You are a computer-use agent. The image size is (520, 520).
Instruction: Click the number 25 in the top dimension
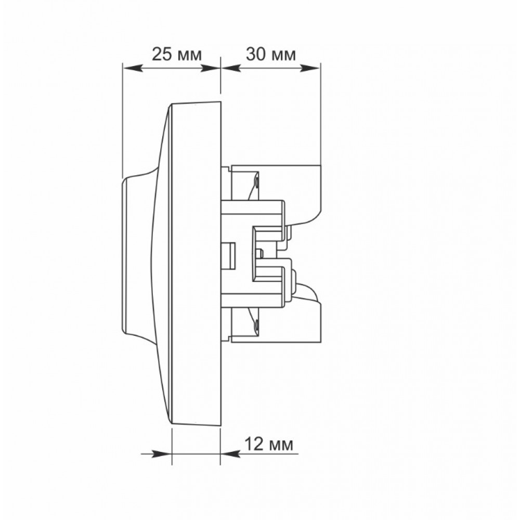click(x=162, y=55)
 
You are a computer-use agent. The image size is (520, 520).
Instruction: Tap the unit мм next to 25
click(x=189, y=56)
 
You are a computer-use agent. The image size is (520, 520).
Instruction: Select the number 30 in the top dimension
click(x=256, y=54)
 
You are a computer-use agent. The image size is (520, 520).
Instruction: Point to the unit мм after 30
click(x=284, y=56)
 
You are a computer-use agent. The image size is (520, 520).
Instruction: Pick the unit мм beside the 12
click(x=282, y=446)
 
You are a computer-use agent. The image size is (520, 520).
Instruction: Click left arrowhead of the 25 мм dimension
click(x=133, y=68)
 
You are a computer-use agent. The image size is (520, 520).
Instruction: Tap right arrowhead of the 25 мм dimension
click(x=211, y=68)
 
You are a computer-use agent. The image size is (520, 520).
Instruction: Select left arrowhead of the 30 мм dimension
click(x=230, y=68)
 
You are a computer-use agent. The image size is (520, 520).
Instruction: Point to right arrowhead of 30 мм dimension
click(x=310, y=68)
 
